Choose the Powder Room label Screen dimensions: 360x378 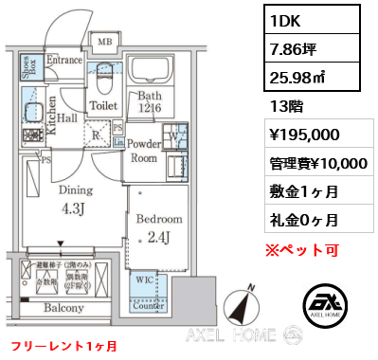point(145,151)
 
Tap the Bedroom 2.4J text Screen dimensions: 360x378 point(152,228)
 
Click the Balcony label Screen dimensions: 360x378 point(63,308)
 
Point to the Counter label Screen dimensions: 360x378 point(149,305)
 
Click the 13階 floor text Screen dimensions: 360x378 point(285,107)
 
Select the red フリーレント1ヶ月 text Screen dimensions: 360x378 point(63,345)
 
